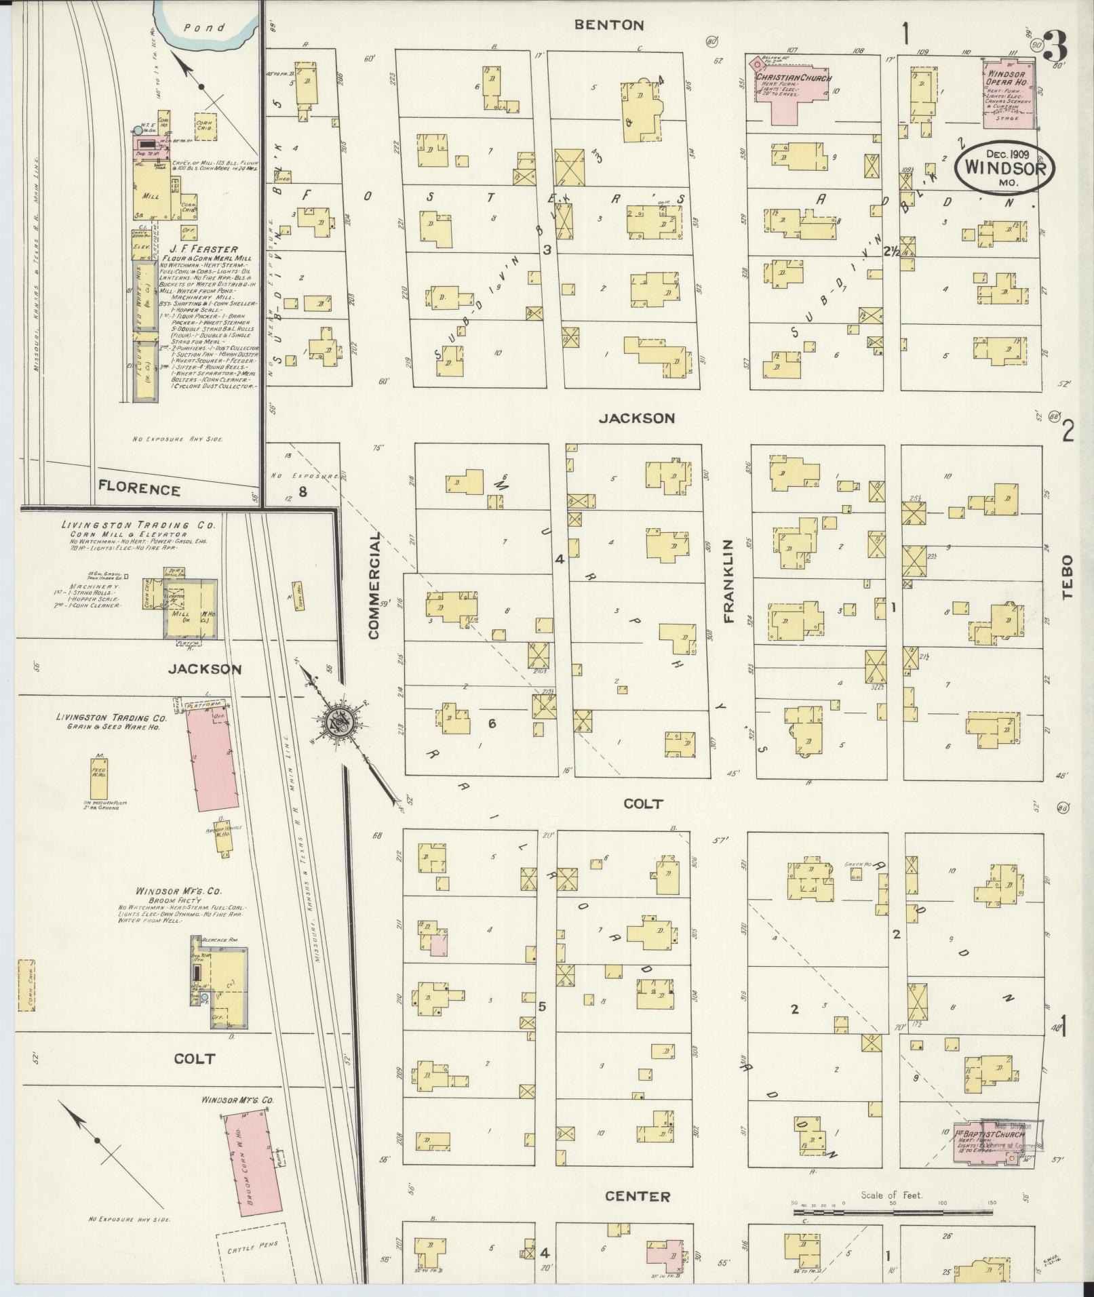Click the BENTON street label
point(608,25)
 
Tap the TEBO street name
point(1068,578)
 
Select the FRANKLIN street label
point(729,581)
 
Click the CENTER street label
point(638,1197)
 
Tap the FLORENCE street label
point(139,490)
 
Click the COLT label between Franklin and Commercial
point(643,803)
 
